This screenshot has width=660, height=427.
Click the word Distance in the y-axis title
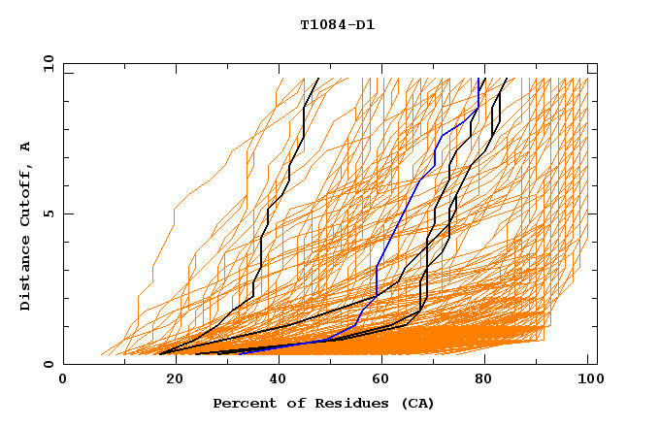coord(25,271)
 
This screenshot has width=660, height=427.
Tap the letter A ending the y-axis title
coord(25,147)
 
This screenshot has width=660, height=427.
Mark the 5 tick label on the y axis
coord(49,213)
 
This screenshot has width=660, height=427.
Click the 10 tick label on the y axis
coord(46,63)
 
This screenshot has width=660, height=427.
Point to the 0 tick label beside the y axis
coord(49,364)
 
